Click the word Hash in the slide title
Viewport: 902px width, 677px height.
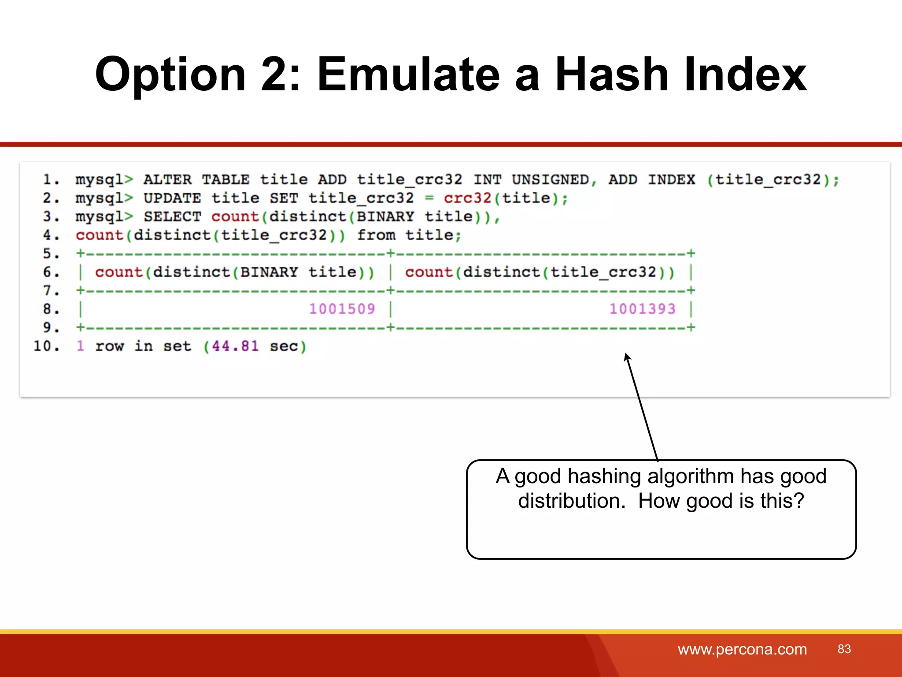(x=612, y=75)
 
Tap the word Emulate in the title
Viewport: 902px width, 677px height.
(x=408, y=75)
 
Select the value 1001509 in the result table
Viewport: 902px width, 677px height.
(x=342, y=309)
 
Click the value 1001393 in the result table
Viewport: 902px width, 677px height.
(x=642, y=309)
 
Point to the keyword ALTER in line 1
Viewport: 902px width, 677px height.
(x=167, y=180)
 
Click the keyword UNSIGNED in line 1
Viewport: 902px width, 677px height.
(x=550, y=180)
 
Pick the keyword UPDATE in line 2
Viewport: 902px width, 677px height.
(x=172, y=198)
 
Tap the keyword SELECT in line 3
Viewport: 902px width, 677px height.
(x=172, y=217)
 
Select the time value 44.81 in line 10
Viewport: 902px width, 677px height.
(x=235, y=346)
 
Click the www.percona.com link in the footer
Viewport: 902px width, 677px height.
(x=742, y=649)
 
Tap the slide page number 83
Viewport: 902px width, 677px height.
(x=844, y=649)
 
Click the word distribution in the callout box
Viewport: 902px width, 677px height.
(x=571, y=501)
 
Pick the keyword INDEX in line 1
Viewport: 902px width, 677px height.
(x=671, y=180)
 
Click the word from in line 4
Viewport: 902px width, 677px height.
(x=376, y=235)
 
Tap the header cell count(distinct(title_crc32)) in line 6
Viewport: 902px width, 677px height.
(x=540, y=272)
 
